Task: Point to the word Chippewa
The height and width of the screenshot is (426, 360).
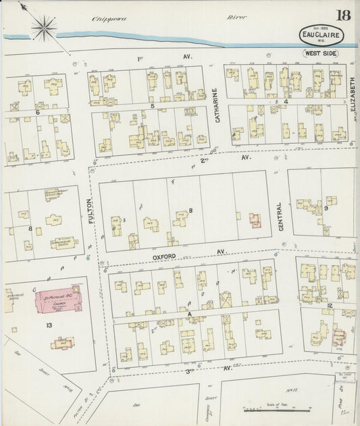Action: point(109,19)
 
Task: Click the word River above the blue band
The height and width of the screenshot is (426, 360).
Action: point(236,18)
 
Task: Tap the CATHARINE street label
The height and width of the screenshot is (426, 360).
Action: point(217,107)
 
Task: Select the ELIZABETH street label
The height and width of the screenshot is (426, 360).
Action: point(353,95)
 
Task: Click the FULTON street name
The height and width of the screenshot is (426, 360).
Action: point(91,210)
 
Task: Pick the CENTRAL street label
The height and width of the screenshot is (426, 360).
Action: point(281,217)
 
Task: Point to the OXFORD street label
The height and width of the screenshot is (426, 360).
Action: point(164,257)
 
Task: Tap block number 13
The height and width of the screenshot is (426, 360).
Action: point(49,325)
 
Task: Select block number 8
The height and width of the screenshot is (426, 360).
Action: point(30,228)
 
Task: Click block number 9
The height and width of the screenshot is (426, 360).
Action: point(326,209)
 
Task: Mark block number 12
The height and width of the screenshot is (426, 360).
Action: point(330,307)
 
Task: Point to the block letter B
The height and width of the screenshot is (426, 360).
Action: point(191,211)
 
